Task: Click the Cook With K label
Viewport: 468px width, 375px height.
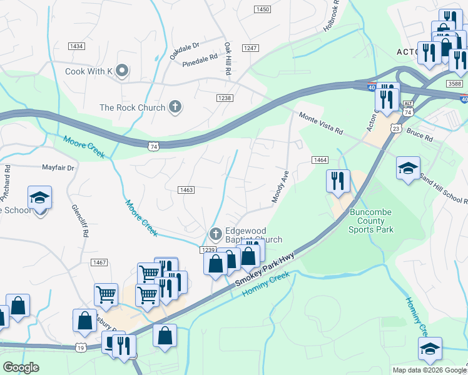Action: click(x=88, y=71)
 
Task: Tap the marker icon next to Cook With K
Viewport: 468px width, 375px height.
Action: click(x=122, y=71)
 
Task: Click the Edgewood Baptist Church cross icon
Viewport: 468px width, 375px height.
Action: click(x=215, y=234)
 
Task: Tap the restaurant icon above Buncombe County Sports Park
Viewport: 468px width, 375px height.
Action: click(x=338, y=181)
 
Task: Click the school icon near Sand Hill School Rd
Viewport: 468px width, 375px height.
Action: click(x=408, y=168)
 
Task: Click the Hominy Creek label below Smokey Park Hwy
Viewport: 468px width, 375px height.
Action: click(x=270, y=286)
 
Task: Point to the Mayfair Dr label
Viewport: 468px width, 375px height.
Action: click(x=58, y=167)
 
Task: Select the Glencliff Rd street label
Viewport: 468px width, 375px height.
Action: click(x=80, y=220)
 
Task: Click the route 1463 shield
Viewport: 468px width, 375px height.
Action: click(x=186, y=190)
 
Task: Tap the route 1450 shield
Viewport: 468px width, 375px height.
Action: click(x=263, y=9)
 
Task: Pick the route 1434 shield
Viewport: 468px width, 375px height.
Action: click(x=76, y=46)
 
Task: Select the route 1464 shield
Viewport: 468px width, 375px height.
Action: click(x=320, y=161)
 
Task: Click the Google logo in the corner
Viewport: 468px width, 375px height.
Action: click(x=21, y=367)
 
